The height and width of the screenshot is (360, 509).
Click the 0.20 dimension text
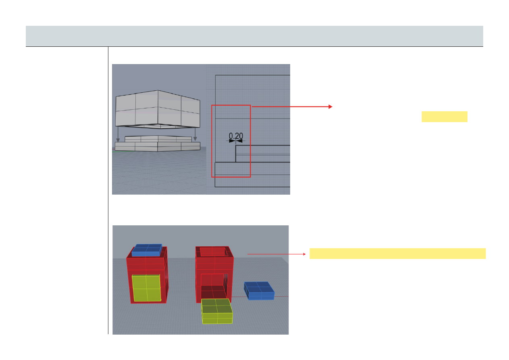point(236,136)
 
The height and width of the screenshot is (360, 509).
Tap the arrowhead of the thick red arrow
point(330,106)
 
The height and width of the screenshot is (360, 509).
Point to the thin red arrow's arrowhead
point(305,254)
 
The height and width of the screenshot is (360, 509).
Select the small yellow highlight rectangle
point(445,117)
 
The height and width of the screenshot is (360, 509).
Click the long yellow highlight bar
point(398,254)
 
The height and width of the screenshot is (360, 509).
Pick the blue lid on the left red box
point(147,250)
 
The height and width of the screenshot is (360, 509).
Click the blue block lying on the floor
point(259,291)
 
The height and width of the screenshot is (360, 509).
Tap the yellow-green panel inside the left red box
point(147,288)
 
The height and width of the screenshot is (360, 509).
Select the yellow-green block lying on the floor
point(217,311)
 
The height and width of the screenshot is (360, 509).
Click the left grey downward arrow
point(118,134)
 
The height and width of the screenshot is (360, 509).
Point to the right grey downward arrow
point(195,134)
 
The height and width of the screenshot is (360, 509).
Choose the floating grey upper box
point(158,109)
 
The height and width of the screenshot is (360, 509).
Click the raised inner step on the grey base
point(158,139)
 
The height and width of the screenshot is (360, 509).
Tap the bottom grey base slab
point(158,147)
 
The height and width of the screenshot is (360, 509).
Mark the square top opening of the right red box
point(214,252)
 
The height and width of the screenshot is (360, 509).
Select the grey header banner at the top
point(255,36)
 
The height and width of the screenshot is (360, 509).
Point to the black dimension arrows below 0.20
point(236,141)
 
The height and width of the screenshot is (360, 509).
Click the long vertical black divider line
point(108,190)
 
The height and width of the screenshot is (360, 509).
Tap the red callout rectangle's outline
point(212,141)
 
